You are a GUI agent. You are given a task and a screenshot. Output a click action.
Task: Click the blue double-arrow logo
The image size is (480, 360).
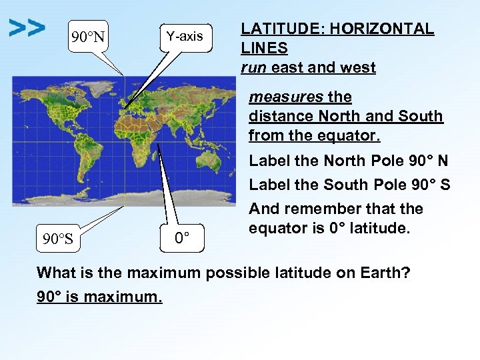pyautogui.click(x=27, y=28)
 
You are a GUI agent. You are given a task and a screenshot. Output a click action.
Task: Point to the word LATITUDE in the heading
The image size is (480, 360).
pyautogui.click(x=273, y=29)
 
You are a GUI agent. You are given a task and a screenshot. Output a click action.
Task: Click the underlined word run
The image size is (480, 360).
pyautogui.click(x=253, y=67)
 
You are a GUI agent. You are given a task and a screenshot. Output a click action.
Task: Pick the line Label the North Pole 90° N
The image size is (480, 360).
pyautogui.click(x=348, y=161)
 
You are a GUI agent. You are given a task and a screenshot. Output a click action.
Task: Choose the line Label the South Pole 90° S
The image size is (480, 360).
pyautogui.click(x=349, y=185)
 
